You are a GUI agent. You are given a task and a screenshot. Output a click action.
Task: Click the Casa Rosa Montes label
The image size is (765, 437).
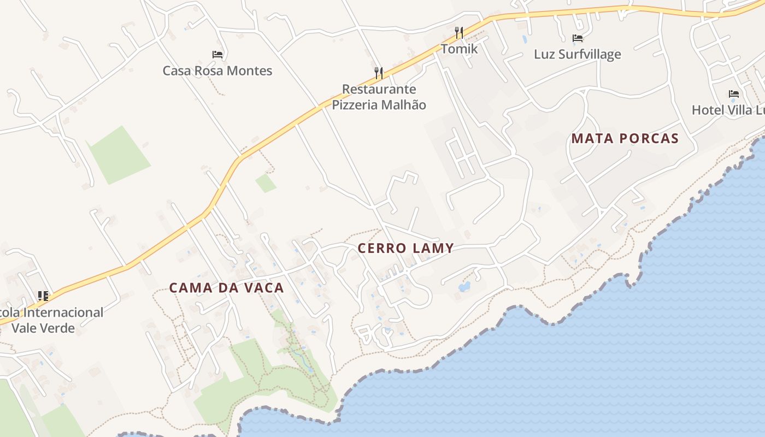click(x=217, y=70)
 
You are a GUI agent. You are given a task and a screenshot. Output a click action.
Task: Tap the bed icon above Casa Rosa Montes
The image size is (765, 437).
click(x=217, y=55)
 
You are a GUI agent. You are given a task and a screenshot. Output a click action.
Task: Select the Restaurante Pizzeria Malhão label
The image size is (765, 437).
click(x=379, y=97)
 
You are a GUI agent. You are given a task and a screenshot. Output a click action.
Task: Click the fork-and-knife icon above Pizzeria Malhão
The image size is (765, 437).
click(x=378, y=73)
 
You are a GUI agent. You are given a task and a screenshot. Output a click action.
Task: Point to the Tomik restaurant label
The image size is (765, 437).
click(x=459, y=49)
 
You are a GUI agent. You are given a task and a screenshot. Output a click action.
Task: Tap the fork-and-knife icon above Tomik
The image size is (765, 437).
click(x=459, y=33)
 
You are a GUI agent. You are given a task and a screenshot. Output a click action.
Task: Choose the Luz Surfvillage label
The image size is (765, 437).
click(x=577, y=54)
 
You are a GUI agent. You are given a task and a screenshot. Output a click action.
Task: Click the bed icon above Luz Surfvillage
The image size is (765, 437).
click(x=578, y=38)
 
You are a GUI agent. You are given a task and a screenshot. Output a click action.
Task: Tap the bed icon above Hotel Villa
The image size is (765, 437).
click(x=733, y=94)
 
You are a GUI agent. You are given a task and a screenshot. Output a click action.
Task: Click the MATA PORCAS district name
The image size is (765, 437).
click(x=625, y=139)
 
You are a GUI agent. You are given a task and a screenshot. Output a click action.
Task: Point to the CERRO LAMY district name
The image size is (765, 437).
click(x=405, y=248)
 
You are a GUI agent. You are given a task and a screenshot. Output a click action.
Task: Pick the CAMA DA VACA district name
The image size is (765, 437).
click(x=226, y=288)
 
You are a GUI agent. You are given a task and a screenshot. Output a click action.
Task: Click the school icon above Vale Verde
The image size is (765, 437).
click(x=43, y=296)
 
